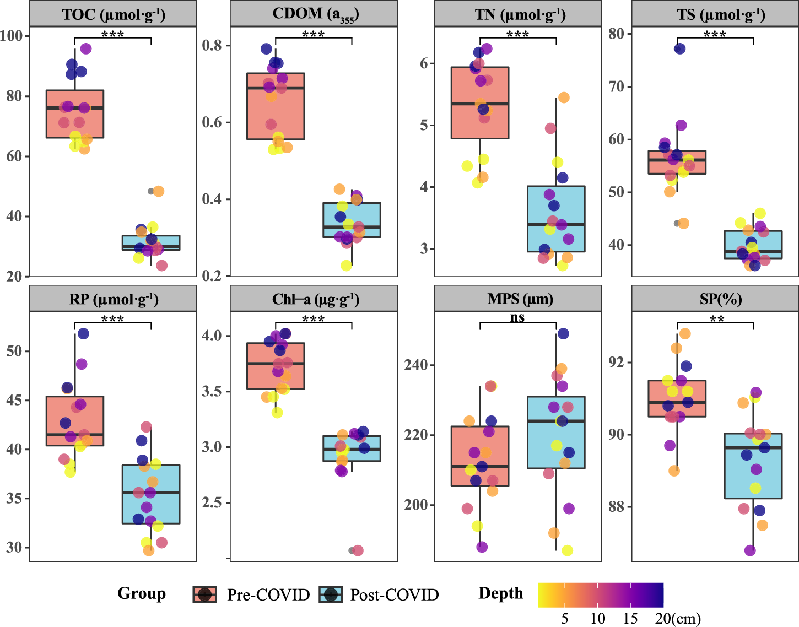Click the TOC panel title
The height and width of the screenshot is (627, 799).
(113, 14)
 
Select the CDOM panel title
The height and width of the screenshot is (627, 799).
(314, 14)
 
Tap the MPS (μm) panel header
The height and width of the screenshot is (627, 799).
(518, 299)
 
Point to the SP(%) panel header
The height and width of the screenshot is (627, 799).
(715, 299)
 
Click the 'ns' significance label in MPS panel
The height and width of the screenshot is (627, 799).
(517, 317)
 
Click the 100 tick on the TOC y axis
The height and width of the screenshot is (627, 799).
(12, 36)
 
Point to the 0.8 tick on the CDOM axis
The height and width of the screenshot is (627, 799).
(212, 45)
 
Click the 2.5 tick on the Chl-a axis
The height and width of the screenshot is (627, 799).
(212, 502)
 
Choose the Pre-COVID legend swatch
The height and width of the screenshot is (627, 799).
(205, 594)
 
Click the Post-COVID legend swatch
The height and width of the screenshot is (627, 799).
(331, 594)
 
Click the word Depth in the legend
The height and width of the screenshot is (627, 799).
(500, 593)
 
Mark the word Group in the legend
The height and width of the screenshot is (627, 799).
(142, 593)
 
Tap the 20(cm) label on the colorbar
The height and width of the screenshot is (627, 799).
(678, 618)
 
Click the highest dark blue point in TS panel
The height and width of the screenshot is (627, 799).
(679, 48)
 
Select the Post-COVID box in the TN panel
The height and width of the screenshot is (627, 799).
(556, 219)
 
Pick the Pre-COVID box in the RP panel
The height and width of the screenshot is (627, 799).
(75, 421)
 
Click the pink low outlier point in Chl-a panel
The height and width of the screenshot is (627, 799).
(358, 550)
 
